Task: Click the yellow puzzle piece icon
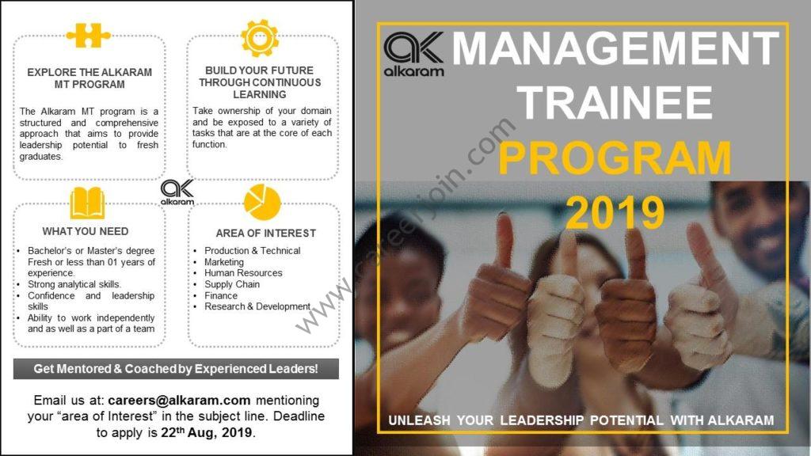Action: [x=89, y=36]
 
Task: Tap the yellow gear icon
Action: [x=260, y=38]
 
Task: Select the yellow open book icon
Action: [x=87, y=203]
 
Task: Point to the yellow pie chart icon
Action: [x=262, y=202]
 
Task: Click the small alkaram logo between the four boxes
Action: [x=177, y=192]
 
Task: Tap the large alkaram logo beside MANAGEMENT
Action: [x=413, y=55]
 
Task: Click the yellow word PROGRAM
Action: [x=615, y=158]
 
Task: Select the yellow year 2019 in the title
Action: [x=615, y=212]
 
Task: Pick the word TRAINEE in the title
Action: [x=615, y=102]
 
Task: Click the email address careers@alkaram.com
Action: [x=179, y=400]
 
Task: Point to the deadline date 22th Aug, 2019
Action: [x=208, y=432]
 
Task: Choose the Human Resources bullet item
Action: [x=243, y=273]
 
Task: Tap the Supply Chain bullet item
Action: [x=232, y=284]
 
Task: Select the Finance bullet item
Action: [x=221, y=296]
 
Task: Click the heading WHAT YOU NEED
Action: [x=86, y=231]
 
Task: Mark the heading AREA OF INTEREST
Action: [x=266, y=234]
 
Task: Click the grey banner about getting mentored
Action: [x=176, y=369]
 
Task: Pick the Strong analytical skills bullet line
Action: [x=74, y=284]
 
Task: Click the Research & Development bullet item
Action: [x=257, y=306]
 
